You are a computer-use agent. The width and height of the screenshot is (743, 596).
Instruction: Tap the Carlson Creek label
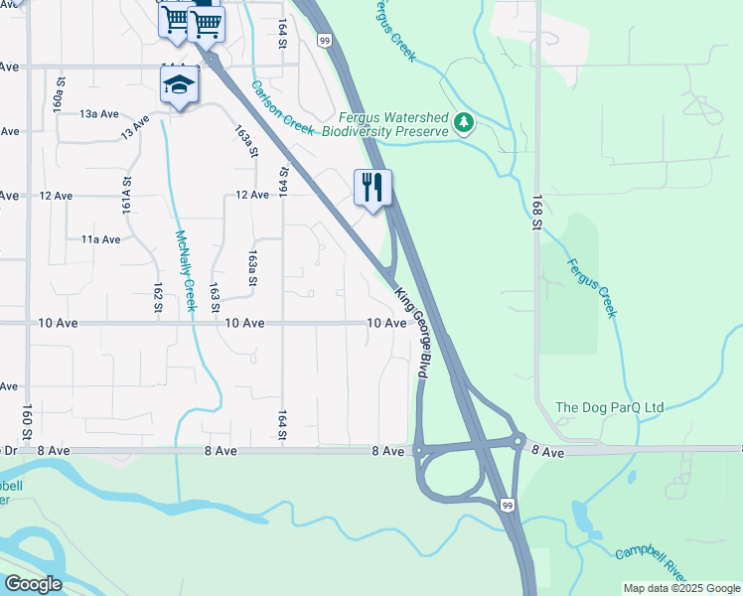(282, 108)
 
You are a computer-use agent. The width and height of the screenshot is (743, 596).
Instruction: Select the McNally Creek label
(185, 270)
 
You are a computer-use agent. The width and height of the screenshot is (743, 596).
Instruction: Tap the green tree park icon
(463, 123)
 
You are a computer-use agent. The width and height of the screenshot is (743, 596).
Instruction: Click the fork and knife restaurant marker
(373, 186)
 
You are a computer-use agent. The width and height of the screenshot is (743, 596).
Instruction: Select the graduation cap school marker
(179, 85)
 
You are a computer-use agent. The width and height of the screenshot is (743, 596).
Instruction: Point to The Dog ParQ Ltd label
(609, 407)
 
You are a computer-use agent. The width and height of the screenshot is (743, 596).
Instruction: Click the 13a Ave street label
(99, 114)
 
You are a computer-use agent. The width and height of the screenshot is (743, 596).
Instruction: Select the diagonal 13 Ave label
(135, 126)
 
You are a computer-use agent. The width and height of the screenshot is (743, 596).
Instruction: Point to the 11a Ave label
(100, 239)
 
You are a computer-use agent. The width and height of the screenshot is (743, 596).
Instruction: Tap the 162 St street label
(158, 298)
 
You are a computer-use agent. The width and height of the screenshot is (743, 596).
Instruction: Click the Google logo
(32, 584)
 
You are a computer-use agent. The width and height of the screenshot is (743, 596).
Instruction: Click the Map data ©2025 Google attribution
(681, 588)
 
